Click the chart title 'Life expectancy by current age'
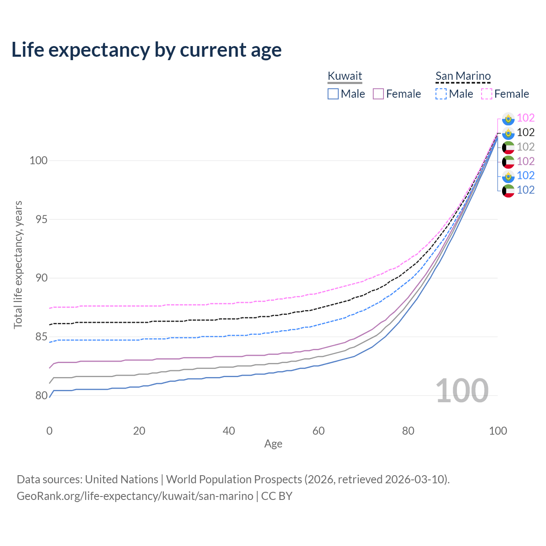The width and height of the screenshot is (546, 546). coord(146,50)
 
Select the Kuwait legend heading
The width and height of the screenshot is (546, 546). coord(345,76)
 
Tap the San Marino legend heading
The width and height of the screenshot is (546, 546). coord(463,76)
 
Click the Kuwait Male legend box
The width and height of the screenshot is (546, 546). coord(333,94)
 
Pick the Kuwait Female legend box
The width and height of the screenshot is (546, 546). coord(378,94)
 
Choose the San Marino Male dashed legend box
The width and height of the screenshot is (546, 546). coord(441,94)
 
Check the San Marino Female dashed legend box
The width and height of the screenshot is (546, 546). coord(487,94)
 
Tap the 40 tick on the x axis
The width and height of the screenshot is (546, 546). coord(229,431)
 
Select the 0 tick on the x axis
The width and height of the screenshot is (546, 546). coord(49,431)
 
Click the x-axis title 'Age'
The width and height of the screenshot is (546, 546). coord(273,444)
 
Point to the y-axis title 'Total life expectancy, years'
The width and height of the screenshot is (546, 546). coord(18,265)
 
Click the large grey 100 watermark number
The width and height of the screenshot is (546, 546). coord(462,391)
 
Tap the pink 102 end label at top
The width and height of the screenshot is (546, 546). coord(526,118)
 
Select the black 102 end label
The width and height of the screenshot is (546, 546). coord(526,132)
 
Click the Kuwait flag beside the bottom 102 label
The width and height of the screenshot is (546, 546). coord(508,191)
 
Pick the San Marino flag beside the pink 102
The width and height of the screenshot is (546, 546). coord(508,119)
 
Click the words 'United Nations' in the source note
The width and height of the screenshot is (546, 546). coord(122,479)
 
